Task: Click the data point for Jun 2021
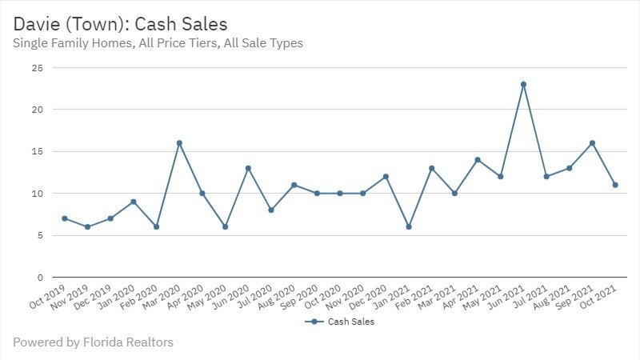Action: click(523, 84)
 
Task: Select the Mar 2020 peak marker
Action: click(179, 143)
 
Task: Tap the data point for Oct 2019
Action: click(64, 218)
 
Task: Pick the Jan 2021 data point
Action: click(409, 227)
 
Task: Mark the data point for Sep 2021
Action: click(592, 143)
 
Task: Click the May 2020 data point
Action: click(225, 227)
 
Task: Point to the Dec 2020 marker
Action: click(386, 177)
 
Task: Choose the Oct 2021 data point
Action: click(615, 185)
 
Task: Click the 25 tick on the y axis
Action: click(37, 68)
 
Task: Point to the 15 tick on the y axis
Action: click(37, 152)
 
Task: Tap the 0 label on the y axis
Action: click(39, 278)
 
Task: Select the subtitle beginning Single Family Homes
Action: click(158, 43)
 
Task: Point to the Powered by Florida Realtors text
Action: click(93, 342)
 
